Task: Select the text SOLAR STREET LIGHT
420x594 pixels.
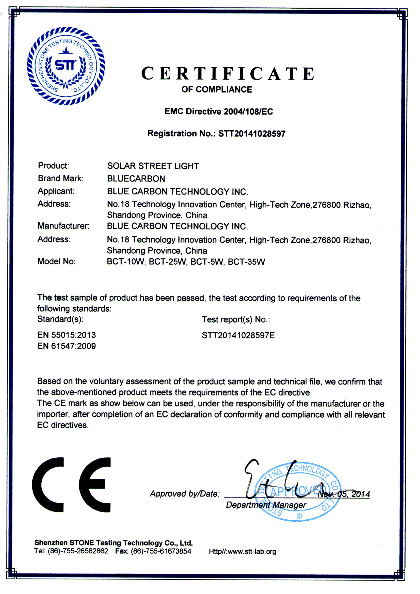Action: [x=153, y=166]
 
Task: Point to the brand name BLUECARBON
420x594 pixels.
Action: [x=136, y=179]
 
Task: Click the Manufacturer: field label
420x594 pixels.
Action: [x=64, y=226]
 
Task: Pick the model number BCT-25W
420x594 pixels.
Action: [x=167, y=262]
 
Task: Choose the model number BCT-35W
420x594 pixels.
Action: [x=246, y=262]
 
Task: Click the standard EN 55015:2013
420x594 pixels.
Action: [x=67, y=335]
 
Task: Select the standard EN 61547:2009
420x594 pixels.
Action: [x=67, y=346]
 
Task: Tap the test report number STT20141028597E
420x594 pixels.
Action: [x=238, y=335]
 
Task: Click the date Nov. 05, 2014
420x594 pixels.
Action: [x=344, y=494]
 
